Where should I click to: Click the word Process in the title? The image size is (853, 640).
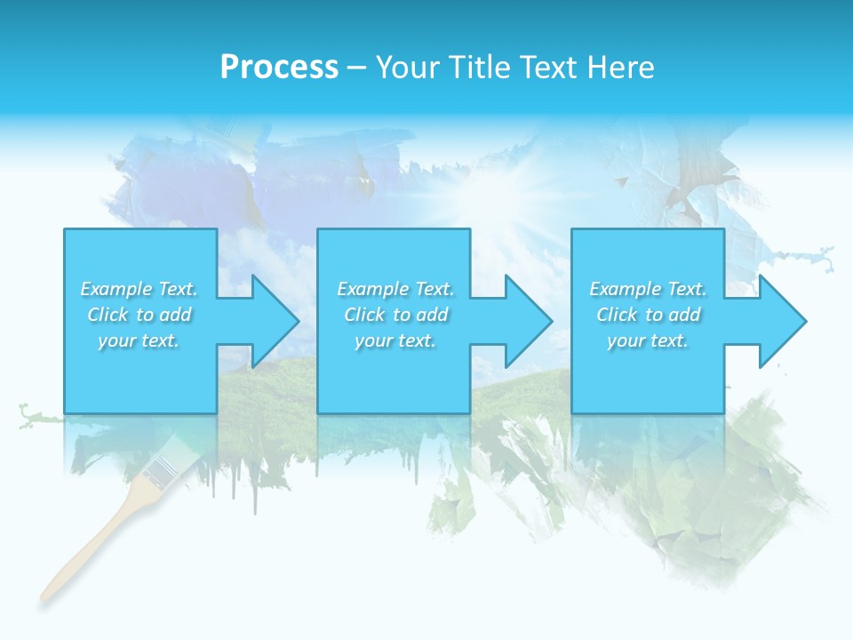279,68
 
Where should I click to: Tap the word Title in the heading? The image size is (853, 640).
478,68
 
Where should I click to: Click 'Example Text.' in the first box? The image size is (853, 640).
140,289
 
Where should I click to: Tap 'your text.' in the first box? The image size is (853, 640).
140,340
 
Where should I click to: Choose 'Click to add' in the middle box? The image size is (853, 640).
395,315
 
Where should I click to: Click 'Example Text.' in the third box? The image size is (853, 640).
648,289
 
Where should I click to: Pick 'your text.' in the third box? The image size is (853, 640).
648,340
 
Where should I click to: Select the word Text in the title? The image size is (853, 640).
549,68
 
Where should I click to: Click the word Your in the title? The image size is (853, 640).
409,68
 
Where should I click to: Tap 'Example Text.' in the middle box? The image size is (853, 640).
395,289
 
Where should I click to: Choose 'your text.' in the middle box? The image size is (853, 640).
395,340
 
